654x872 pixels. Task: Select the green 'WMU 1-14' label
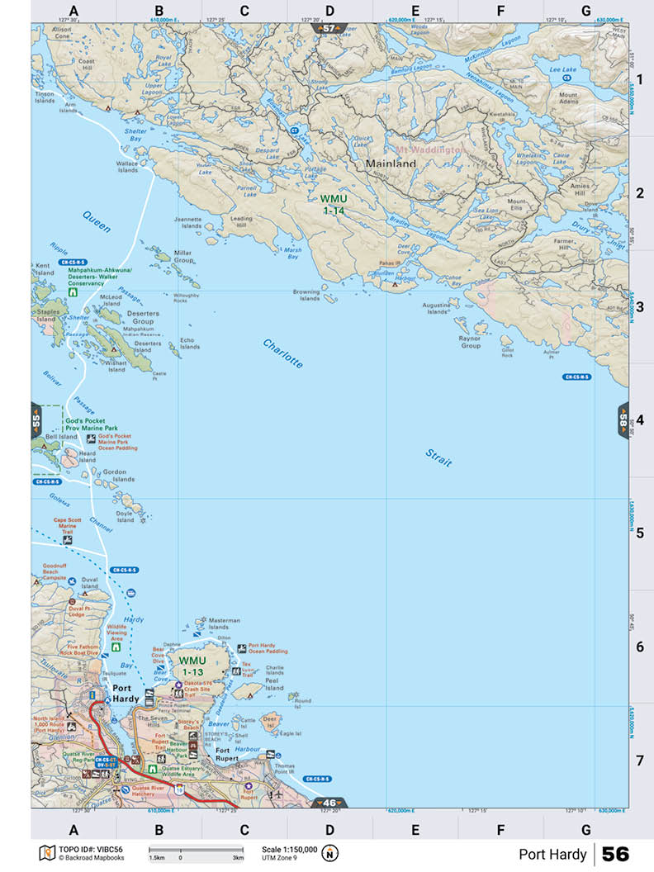click(x=333, y=205)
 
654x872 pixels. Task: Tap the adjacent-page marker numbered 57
click(x=329, y=28)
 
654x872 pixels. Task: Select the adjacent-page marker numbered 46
click(x=330, y=802)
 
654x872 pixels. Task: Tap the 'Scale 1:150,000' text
click(x=289, y=849)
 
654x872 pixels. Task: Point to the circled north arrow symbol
click(x=330, y=853)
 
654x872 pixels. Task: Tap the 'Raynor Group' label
click(x=470, y=342)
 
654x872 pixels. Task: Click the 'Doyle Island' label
click(x=125, y=516)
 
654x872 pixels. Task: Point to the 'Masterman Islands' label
click(x=224, y=623)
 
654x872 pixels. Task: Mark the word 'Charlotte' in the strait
click(x=283, y=353)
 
